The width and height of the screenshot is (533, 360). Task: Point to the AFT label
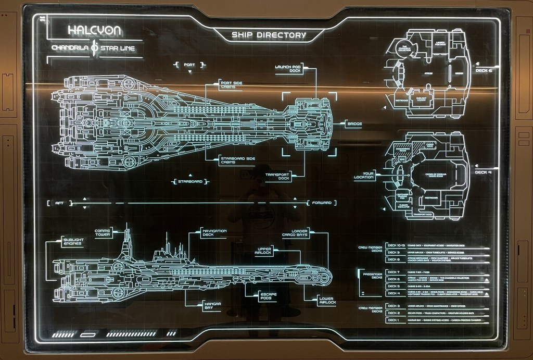[x=59, y=203]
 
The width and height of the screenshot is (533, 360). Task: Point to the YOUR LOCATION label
[x=364, y=175]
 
